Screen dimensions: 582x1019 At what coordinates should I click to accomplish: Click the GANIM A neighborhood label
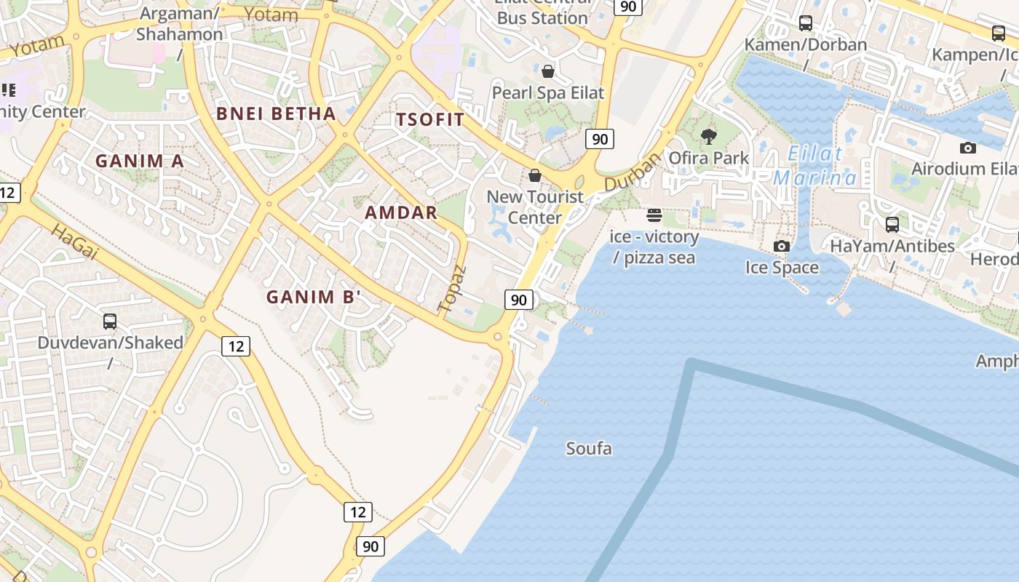(140, 161)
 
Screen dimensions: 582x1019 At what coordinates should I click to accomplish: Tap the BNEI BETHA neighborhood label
(276, 113)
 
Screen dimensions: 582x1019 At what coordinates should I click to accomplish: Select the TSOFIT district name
(429, 120)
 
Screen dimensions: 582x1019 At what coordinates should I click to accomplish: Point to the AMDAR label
(401, 213)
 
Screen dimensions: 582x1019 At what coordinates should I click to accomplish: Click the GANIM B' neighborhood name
(314, 297)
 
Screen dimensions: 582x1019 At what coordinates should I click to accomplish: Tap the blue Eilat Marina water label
(815, 166)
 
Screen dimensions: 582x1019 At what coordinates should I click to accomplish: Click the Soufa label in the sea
(589, 449)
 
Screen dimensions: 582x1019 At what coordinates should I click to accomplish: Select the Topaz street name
(451, 289)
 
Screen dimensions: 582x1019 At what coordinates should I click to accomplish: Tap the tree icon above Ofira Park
(708, 136)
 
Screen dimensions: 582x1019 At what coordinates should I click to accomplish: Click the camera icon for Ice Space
(782, 246)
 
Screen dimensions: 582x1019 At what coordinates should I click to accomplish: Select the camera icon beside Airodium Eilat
(967, 148)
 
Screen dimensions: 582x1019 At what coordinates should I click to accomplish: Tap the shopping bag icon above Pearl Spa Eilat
(548, 71)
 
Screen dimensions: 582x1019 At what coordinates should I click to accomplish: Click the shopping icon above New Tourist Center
(535, 175)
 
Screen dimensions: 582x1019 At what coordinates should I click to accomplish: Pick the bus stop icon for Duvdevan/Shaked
(110, 321)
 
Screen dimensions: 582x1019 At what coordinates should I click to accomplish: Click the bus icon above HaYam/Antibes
(892, 224)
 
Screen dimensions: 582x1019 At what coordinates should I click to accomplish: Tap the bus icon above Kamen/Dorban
(806, 23)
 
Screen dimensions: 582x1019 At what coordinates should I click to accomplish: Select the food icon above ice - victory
(654, 215)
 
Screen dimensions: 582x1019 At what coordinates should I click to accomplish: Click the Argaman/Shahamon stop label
(180, 24)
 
